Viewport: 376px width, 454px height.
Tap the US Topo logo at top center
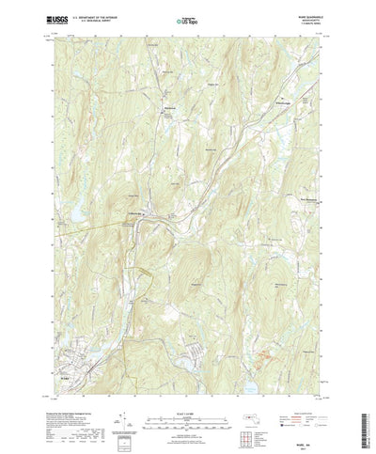click(187, 18)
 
